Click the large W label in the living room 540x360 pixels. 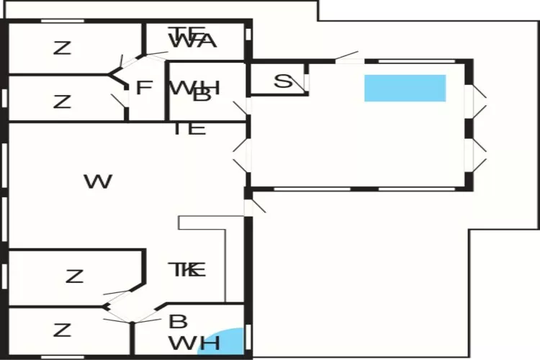(x=98, y=181)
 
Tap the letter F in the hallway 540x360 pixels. (x=144, y=88)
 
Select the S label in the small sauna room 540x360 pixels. (x=284, y=81)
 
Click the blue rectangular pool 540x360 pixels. (x=405, y=88)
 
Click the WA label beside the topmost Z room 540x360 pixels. (x=193, y=41)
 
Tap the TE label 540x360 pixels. (x=190, y=129)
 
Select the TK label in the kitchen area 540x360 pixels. (x=187, y=270)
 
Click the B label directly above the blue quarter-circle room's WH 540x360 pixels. (x=177, y=322)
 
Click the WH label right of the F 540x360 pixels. (x=194, y=88)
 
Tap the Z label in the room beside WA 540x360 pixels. (x=63, y=48)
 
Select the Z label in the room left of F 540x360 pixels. (x=63, y=102)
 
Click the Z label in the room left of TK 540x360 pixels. (x=74, y=276)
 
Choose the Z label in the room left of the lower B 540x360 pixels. (x=63, y=330)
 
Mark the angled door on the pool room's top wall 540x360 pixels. (x=347, y=55)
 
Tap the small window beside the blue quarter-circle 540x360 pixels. (x=248, y=337)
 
